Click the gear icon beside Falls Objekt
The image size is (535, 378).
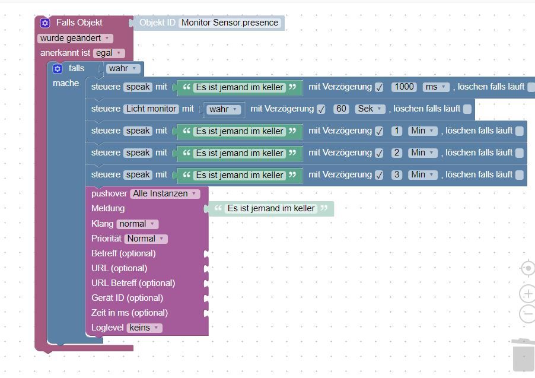click(x=45, y=23)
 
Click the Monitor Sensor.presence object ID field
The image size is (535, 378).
click(x=230, y=23)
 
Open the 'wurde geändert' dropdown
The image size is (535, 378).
click(x=75, y=38)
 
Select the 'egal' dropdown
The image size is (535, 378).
click(x=109, y=53)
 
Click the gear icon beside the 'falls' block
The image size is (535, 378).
click(x=58, y=69)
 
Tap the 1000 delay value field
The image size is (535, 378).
click(x=405, y=87)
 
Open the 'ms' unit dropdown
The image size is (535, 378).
click(x=436, y=87)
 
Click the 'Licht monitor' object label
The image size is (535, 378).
click(x=151, y=109)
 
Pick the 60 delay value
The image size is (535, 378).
click(x=340, y=109)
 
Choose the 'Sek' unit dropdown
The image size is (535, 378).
click(x=370, y=109)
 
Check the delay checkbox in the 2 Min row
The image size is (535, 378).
click(x=379, y=153)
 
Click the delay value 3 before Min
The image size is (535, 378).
click(x=397, y=175)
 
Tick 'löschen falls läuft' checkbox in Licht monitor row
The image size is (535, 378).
click(x=467, y=109)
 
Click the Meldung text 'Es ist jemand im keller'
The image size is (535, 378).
click(x=271, y=208)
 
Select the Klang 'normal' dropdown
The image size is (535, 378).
click(x=137, y=224)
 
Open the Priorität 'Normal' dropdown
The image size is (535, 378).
click(x=145, y=239)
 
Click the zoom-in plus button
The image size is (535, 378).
click(x=527, y=293)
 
